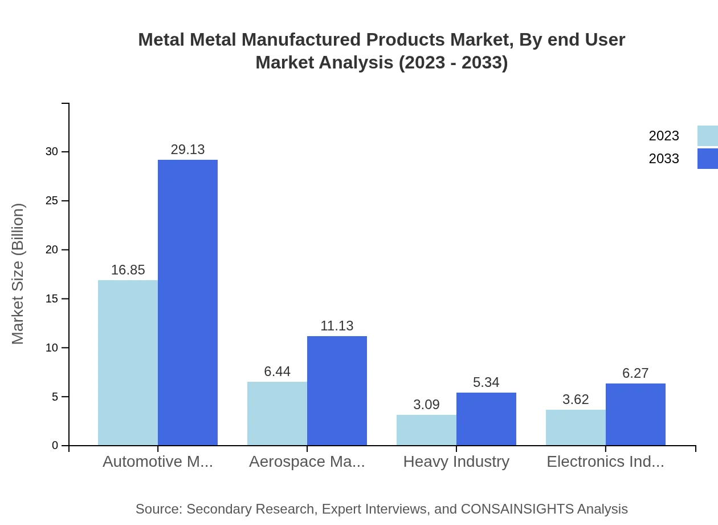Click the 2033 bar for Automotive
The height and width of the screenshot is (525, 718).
coord(187,302)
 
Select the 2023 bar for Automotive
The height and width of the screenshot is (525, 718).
coord(128,362)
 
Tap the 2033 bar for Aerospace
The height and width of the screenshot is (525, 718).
coord(337,390)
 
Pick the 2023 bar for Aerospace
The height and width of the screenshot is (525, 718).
coord(277,413)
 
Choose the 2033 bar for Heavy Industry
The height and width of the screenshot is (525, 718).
coord(486,419)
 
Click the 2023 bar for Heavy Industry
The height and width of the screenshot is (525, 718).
coord(426,430)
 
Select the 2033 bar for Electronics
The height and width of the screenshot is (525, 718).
coord(635,414)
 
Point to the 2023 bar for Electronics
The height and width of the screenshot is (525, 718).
coord(576,427)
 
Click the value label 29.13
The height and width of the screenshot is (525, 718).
coord(187,150)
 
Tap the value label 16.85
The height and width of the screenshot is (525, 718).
coord(128,270)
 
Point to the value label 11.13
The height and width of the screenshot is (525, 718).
coord(337,326)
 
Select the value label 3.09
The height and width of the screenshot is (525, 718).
coord(426,405)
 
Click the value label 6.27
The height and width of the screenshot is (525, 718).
coord(635,373)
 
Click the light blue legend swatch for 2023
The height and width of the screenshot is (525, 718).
coord(707,136)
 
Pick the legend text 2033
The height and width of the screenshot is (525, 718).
coord(664,159)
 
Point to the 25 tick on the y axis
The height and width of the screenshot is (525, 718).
coord(52,201)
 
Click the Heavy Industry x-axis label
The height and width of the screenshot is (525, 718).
coord(456,462)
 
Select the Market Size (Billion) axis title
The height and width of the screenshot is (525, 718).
coord(18,274)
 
